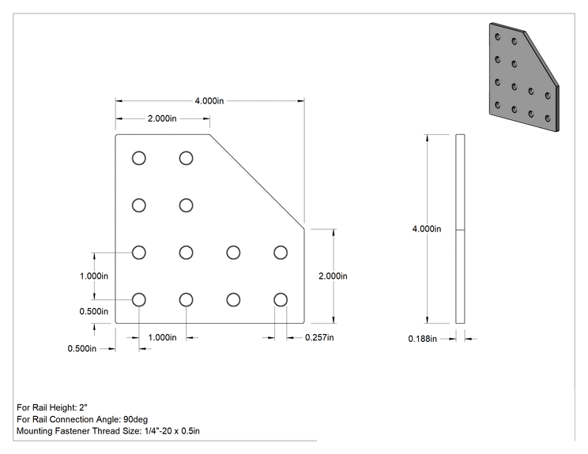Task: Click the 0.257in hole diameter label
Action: pos(319,337)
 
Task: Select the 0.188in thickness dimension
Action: pos(422,339)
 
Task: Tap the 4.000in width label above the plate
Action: pos(209,101)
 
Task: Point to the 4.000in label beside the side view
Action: pos(427,229)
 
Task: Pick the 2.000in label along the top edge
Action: pos(162,118)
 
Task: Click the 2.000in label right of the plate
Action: pos(333,276)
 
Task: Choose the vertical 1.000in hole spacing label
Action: pos(94,276)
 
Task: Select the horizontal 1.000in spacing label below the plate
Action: pos(162,337)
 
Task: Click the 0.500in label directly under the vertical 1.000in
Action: pos(94,311)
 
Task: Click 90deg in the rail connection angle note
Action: pos(135,419)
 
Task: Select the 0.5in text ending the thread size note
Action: pos(190,431)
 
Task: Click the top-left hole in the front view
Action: pos(139,158)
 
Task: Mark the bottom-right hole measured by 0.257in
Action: pos(281,300)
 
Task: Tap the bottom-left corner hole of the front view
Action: pos(139,300)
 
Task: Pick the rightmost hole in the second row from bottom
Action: pos(281,253)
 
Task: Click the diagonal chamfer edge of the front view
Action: pos(257,182)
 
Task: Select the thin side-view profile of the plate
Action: pos(460,228)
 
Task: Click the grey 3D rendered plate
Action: pos(524,77)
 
